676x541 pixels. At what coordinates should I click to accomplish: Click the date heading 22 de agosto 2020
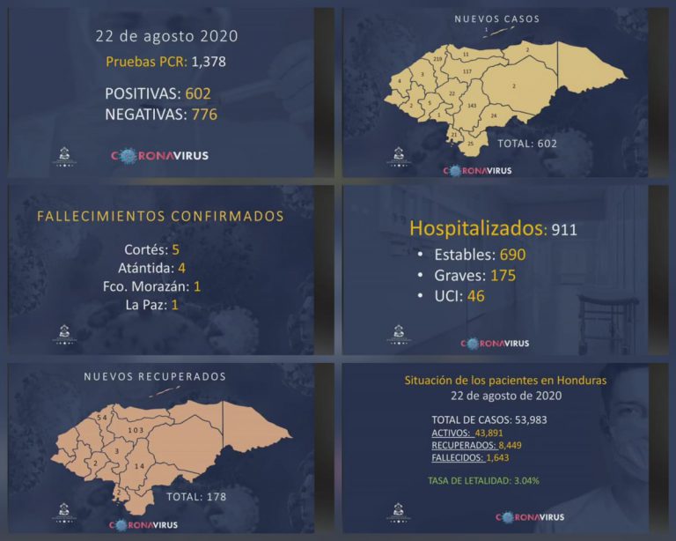(166, 37)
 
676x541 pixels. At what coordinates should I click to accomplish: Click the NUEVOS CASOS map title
(496, 19)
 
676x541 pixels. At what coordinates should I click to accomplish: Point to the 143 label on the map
(473, 106)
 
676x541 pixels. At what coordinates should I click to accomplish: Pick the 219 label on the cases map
(437, 58)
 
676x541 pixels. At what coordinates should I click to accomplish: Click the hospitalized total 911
(563, 231)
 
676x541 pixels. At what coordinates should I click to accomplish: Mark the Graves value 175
(503, 276)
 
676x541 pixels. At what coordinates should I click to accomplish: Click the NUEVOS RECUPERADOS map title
(155, 376)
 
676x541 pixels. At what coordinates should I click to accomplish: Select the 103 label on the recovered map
(136, 430)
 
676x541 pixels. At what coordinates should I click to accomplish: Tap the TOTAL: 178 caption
(196, 497)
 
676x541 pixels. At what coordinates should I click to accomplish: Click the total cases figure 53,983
(528, 419)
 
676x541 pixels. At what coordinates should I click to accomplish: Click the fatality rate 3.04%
(520, 480)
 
